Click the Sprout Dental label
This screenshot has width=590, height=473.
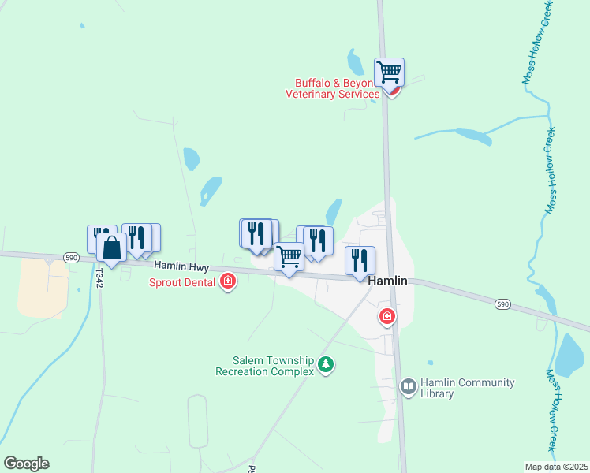click(183, 282)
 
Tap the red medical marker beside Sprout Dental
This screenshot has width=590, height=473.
click(228, 281)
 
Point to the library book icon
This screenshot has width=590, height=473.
click(409, 386)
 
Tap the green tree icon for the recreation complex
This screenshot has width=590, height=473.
click(326, 365)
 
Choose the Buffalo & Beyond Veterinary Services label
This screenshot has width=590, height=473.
click(338, 88)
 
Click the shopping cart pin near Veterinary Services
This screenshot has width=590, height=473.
click(390, 73)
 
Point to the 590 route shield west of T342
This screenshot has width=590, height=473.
click(71, 258)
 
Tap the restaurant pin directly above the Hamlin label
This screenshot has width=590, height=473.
click(360, 260)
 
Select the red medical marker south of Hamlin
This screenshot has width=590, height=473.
click(386, 317)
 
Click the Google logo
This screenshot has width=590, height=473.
click(26, 464)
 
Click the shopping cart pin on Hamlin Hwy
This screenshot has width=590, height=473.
click(289, 257)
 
